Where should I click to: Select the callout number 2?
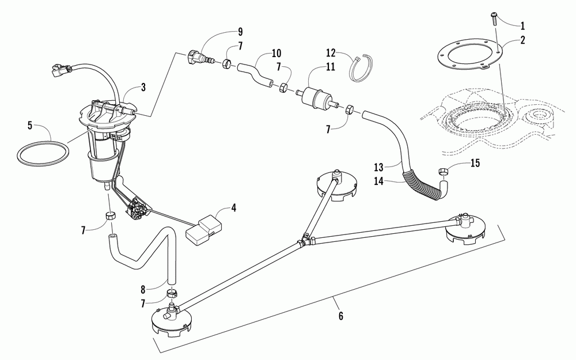522,41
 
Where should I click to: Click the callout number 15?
475,164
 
